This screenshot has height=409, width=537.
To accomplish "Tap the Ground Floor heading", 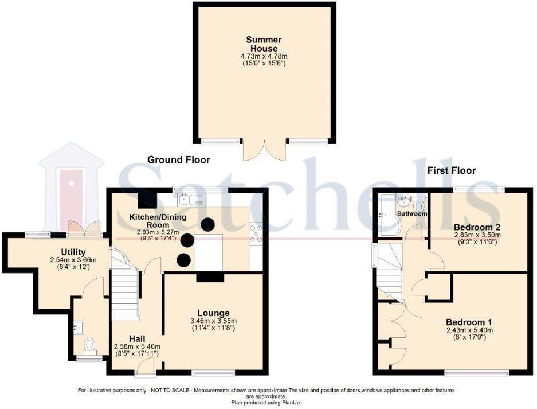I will (179, 160).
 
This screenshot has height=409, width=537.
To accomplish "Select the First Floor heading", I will (451, 170).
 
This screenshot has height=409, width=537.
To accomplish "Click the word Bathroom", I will (413, 214).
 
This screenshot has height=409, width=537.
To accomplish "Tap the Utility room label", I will (73, 252).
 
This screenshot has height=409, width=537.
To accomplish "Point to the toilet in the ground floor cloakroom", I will (89, 345).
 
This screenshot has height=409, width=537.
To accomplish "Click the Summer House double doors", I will (264, 150).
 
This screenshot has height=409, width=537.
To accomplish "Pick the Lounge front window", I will (213, 373).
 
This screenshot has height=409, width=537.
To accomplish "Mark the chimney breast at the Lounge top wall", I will (210, 277).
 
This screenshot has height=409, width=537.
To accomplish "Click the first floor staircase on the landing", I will (389, 272).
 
